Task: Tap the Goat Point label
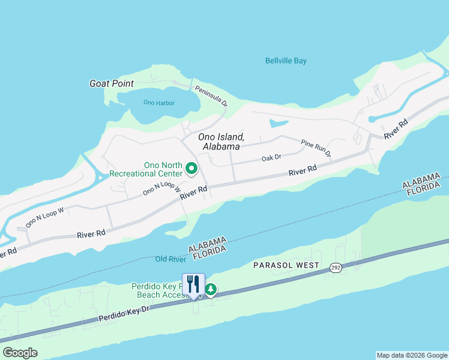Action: coord(111,83)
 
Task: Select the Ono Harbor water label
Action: coord(159,103)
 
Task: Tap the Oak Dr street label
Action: coord(271,158)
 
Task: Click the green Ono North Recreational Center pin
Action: coord(191,169)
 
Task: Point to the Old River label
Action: coord(169,259)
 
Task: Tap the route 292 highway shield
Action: coord(336,268)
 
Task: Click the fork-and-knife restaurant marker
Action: coord(193,284)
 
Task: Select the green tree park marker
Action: coord(211,290)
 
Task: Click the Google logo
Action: coord(20,353)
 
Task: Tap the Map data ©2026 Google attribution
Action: coord(412,355)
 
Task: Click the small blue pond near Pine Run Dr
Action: coord(279,124)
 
